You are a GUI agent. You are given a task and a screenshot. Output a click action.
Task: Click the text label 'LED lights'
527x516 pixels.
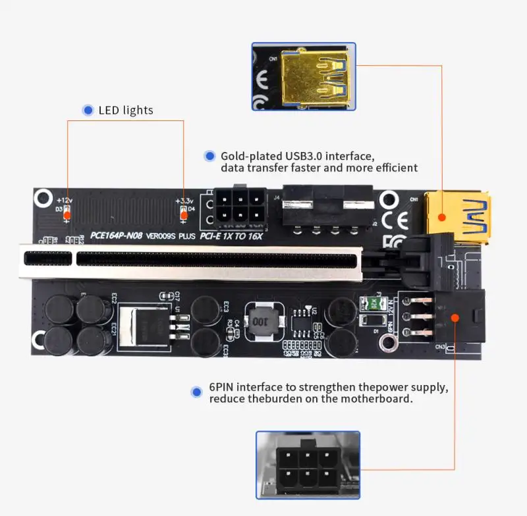click(x=125, y=110)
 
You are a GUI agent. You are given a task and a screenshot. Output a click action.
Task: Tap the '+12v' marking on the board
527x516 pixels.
click(x=65, y=199)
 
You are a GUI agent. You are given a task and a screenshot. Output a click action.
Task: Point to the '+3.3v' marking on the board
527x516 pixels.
click(x=184, y=200)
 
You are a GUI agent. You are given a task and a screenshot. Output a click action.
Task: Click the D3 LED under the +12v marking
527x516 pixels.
click(x=67, y=211)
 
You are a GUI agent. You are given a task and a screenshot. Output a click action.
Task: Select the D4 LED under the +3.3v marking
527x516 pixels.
click(x=183, y=211)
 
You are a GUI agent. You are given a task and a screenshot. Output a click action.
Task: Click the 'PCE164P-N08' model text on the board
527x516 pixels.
click(x=115, y=235)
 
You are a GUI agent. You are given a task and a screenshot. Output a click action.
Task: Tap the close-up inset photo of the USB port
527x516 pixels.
click(x=304, y=76)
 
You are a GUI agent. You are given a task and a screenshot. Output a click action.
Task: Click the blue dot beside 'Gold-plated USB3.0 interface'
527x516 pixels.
click(x=209, y=156)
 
